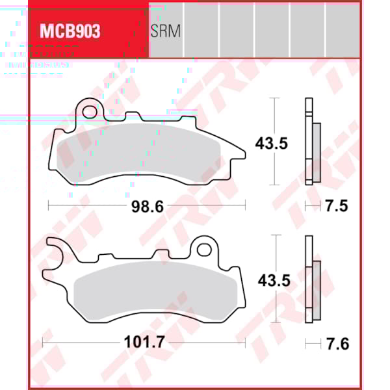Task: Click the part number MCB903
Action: [71, 31]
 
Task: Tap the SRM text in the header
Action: [165, 31]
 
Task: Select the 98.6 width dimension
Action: [146, 206]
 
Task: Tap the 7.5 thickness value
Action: [336, 206]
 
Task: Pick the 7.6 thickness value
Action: [336, 343]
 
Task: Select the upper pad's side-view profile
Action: [310, 142]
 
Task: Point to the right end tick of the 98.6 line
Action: [245, 206]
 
